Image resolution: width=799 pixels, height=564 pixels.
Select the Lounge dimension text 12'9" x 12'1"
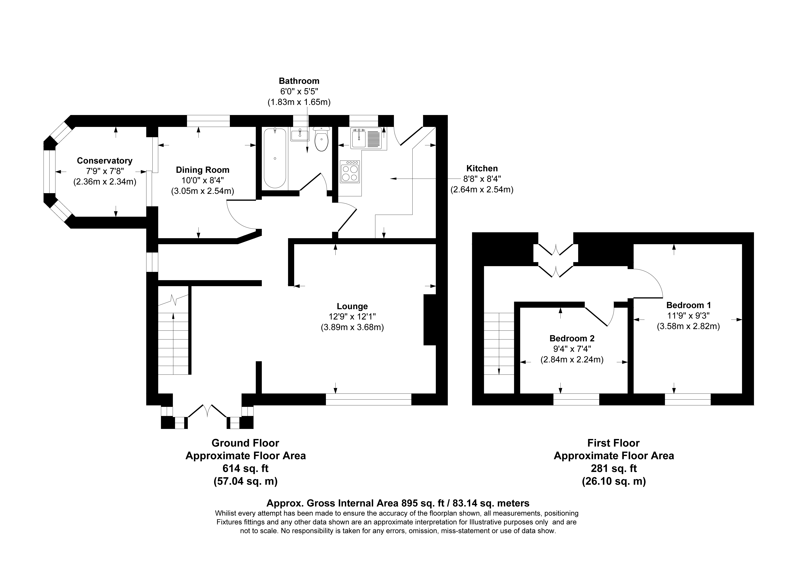click(352, 317)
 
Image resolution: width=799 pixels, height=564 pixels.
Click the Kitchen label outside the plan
click(482, 168)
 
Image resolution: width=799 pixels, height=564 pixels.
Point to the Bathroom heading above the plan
click(299, 81)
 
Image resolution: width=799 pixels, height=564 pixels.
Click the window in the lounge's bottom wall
click(369, 399)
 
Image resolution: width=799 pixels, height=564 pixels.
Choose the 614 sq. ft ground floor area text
click(245, 468)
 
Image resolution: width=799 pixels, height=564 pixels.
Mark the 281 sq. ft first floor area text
click(614, 468)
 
